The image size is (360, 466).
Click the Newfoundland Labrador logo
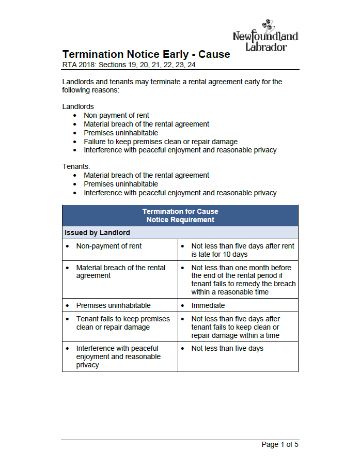265,36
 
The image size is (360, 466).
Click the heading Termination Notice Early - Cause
146,54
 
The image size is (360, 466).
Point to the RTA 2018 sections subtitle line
129,65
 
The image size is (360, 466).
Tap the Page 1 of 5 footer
280,444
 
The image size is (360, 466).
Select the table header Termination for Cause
180,211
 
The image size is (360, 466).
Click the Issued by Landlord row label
97,232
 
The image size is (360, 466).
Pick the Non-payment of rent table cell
109,246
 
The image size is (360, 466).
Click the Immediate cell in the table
208,305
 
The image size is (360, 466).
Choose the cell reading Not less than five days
227,348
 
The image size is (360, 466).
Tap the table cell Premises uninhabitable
114,305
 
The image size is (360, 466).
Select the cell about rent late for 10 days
243,250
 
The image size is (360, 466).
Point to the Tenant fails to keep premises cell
123,323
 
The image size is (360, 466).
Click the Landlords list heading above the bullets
78,106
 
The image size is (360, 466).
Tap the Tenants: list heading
76,166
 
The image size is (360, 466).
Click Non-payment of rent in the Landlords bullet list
116,115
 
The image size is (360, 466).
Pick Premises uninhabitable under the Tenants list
121,184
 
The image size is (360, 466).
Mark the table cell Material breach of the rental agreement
120,272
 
